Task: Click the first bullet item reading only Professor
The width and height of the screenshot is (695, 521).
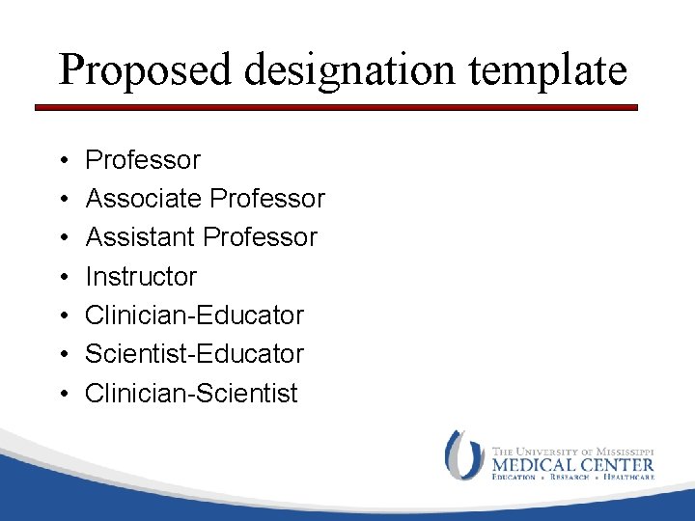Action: tap(143, 159)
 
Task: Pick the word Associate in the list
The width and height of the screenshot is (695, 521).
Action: tap(144, 199)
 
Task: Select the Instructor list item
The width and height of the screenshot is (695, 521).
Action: tap(141, 277)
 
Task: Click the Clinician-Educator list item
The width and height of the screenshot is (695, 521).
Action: tap(194, 315)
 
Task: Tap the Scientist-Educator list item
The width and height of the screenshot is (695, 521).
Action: tap(194, 354)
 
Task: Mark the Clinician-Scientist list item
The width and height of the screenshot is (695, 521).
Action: tap(191, 394)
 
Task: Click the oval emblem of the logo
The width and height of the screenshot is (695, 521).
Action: tap(464, 455)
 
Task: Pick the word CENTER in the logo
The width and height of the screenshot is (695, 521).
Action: tap(616, 464)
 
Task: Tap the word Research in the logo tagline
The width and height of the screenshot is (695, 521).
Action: tap(570, 477)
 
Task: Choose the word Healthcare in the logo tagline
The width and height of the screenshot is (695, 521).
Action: tap(628, 477)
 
